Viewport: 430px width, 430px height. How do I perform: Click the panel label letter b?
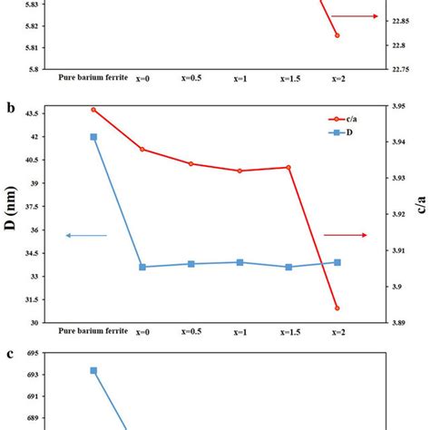click(11, 108)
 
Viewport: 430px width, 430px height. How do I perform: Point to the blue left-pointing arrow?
click(85, 236)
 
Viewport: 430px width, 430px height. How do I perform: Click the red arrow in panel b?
click(346, 235)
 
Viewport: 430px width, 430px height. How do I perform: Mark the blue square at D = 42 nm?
click(93, 137)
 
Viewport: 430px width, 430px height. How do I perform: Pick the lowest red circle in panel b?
click(337, 308)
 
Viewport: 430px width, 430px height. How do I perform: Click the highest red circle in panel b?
click(93, 110)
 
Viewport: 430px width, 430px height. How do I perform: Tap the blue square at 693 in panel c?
click(93, 370)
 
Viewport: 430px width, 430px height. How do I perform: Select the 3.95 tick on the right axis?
click(395, 107)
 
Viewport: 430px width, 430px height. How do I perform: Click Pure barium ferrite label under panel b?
click(93, 332)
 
